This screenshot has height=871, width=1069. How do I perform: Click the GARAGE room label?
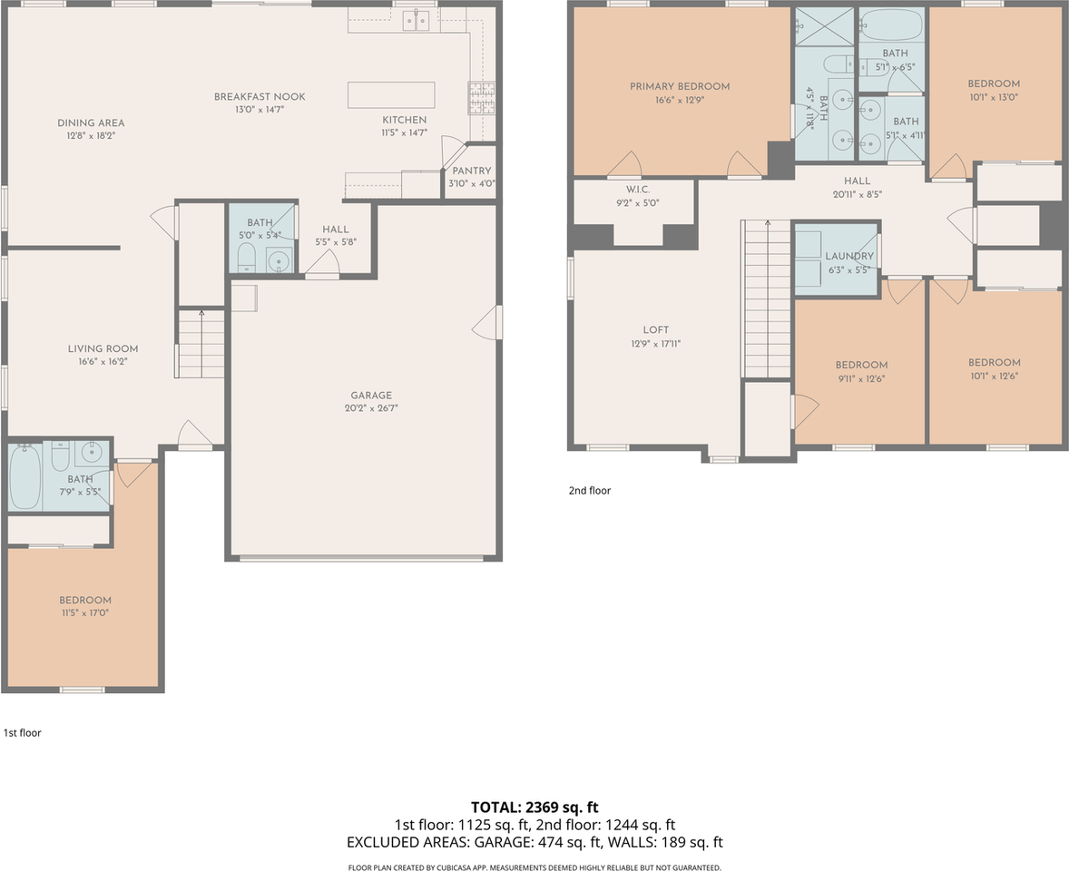[371, 396]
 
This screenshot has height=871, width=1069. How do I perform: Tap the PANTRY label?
[472, 171]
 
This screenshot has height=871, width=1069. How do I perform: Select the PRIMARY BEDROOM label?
[680, 86]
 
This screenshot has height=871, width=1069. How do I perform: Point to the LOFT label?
[656, 330]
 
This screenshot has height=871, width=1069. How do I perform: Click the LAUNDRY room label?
[849, 256]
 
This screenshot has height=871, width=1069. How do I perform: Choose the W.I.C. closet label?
[638, 190]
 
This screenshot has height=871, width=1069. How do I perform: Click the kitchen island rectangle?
[391, 94]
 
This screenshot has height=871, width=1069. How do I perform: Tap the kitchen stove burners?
[481, 97]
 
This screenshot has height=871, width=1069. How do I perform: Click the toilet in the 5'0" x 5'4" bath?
[246, 259]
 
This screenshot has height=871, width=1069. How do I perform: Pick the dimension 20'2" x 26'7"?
[371, 408]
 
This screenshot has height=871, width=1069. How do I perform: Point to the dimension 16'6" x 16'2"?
[103, 362]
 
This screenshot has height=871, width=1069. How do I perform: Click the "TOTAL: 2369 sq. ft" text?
[534, 807]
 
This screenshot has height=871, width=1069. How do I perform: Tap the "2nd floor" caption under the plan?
[590, 491]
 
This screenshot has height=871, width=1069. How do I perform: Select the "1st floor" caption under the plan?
[23, 733]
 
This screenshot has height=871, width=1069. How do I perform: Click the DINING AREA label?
[91, 123]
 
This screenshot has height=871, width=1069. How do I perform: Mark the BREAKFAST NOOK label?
[260, 97]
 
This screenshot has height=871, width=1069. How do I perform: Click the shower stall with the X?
[824, 26]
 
